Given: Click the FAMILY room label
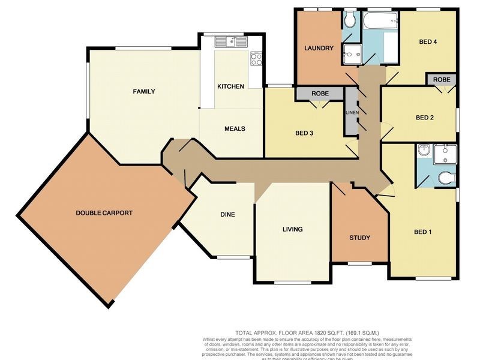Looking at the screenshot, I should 144,92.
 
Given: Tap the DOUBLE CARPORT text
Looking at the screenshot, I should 104,213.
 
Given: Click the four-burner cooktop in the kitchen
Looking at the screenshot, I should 256,59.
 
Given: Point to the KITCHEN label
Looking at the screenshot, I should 230,86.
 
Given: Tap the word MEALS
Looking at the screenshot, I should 235,129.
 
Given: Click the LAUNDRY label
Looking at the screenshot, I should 319,49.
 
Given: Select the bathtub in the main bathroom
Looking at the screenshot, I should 380,22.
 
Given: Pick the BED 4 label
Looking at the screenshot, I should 428,41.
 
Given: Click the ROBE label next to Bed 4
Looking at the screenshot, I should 441,79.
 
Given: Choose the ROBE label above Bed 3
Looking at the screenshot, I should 319,94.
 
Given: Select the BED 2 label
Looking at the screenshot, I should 425,118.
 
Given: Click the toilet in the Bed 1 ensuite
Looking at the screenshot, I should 446,178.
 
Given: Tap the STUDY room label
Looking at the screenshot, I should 359,238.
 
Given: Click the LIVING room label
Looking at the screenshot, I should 293,229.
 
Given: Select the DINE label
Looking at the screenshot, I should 227,215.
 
